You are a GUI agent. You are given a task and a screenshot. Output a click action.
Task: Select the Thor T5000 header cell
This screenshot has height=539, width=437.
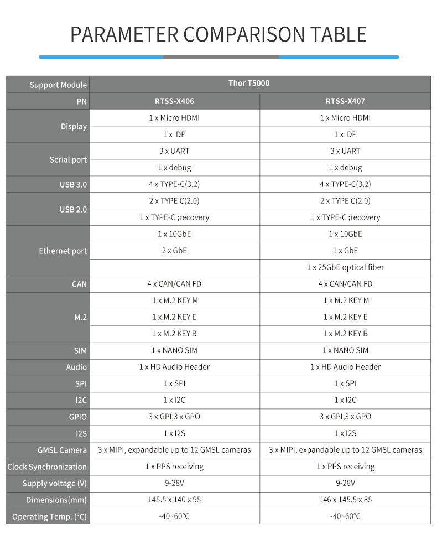tap(249, 84)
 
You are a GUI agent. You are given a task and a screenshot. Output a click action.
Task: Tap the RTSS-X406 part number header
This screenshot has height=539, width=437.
tap(174, 101)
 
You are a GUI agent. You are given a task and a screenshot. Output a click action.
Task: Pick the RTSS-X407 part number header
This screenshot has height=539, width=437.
tap(345, 101)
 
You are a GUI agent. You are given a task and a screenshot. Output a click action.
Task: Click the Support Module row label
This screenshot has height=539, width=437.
tap(58, 85)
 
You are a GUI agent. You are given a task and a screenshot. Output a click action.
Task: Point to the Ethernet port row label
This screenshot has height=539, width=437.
tap(63, 251)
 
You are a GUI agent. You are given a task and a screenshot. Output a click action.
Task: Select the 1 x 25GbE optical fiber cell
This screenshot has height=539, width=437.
tap(345, 267)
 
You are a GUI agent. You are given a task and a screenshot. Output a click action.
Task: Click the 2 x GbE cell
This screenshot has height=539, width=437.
tap(174, 251)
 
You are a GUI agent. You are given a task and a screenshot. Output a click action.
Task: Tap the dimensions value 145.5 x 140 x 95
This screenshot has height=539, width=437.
tap(174, 500)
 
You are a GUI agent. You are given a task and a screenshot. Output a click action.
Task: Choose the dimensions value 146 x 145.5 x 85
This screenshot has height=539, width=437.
tap(345, 500)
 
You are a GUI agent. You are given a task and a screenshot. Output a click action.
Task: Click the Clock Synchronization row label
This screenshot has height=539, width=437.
tap(47, 467)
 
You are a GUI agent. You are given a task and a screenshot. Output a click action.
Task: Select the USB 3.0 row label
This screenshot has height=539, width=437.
tap(73, 184)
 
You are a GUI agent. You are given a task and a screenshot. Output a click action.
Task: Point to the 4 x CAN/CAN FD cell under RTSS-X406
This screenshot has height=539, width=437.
tap(174, 284)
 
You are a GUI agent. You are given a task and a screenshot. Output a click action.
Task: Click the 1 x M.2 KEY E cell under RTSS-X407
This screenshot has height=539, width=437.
tap(345, 317)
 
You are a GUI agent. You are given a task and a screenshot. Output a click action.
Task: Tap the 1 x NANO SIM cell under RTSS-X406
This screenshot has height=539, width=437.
tap(174, 350)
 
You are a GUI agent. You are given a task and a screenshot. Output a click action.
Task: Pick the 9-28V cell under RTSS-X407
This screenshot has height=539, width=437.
tap(345, 483)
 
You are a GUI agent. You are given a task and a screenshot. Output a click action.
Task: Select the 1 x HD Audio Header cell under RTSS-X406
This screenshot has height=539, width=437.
tap(174, 367)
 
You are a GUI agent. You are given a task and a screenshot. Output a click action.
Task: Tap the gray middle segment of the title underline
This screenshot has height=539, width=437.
tap(221, 56)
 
